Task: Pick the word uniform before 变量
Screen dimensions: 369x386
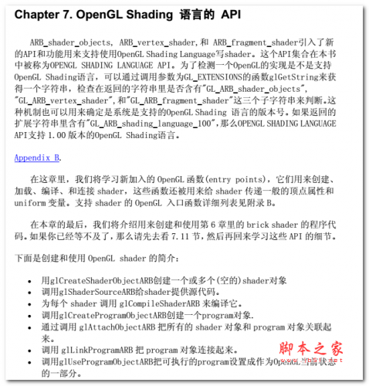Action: point(29,203)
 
